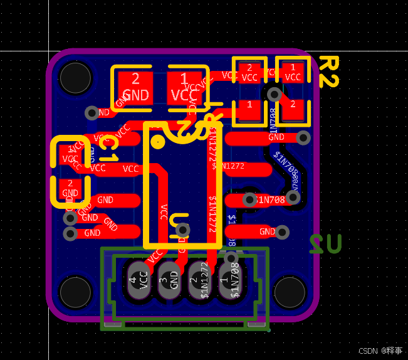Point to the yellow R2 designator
click(328, 71)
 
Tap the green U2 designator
click(325, 243)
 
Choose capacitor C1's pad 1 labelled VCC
click(70, 154)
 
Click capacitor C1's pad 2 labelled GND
click(70, 189)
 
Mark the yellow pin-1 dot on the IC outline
click(159, 142)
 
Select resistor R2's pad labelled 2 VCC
click(249, 73)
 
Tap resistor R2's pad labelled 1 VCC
click(292, 73)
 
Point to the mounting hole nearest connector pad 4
click(75, 291)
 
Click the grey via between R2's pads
click(274, 95)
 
